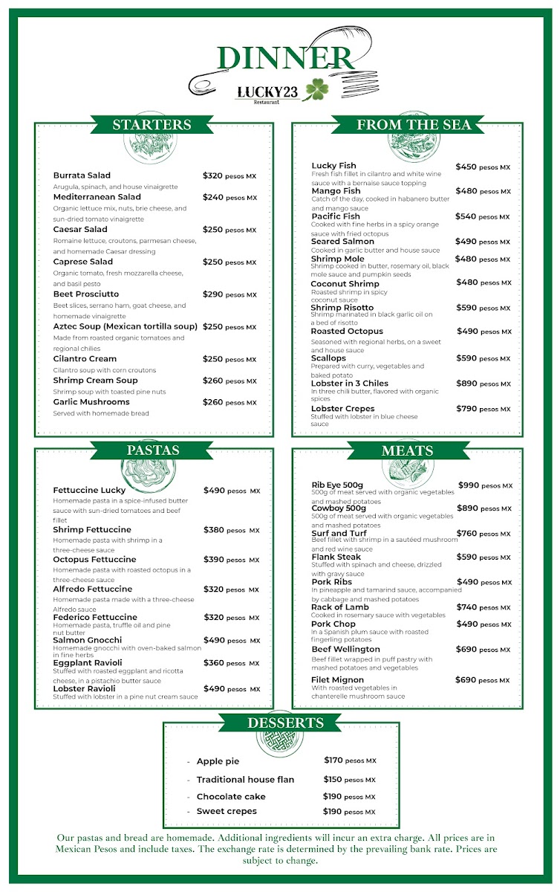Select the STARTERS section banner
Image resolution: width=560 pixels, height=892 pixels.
click(x=152, y=125)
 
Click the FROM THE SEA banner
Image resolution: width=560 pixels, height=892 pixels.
click(x=414, y=125)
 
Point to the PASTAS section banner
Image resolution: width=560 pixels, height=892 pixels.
click(x=152, y=450)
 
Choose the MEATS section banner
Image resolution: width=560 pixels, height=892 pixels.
click(x=407, y=450)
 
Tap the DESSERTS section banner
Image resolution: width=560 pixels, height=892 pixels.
click(x=285, y=723)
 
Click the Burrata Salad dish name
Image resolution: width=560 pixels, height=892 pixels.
click(x=82, y=175)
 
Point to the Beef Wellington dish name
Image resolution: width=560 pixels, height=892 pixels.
click(x=345, y=650)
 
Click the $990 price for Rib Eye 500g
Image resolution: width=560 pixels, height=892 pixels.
click(x=469, y=485)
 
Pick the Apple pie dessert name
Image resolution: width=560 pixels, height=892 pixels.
click(x=218, y=761)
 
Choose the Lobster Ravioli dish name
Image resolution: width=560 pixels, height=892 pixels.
click(x=84, y=689)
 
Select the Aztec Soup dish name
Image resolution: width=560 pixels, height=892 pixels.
click(x=126, y=326)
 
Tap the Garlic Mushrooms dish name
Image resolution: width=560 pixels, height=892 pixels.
click(x=91, y=401)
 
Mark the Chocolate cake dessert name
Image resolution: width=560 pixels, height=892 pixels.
click(x=231, y=797)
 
